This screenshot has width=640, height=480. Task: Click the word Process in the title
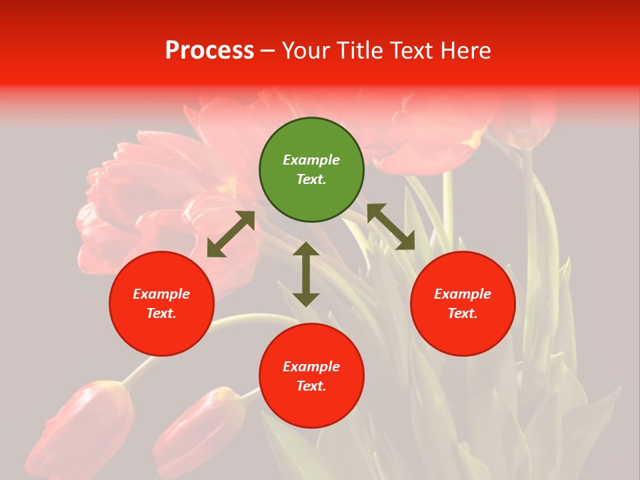[209, 51]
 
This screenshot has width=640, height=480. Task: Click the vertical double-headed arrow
[306, 274]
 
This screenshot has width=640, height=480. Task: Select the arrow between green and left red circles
[231, 234]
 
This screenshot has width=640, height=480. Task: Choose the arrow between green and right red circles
[391, 227]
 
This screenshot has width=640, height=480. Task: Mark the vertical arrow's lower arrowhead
[306, 299]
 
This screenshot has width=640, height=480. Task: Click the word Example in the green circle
[311, 160]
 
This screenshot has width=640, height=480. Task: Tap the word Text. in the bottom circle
[311, 386]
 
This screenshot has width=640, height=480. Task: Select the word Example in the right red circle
[463, 294]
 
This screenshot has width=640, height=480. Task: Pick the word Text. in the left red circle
[161, 313]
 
